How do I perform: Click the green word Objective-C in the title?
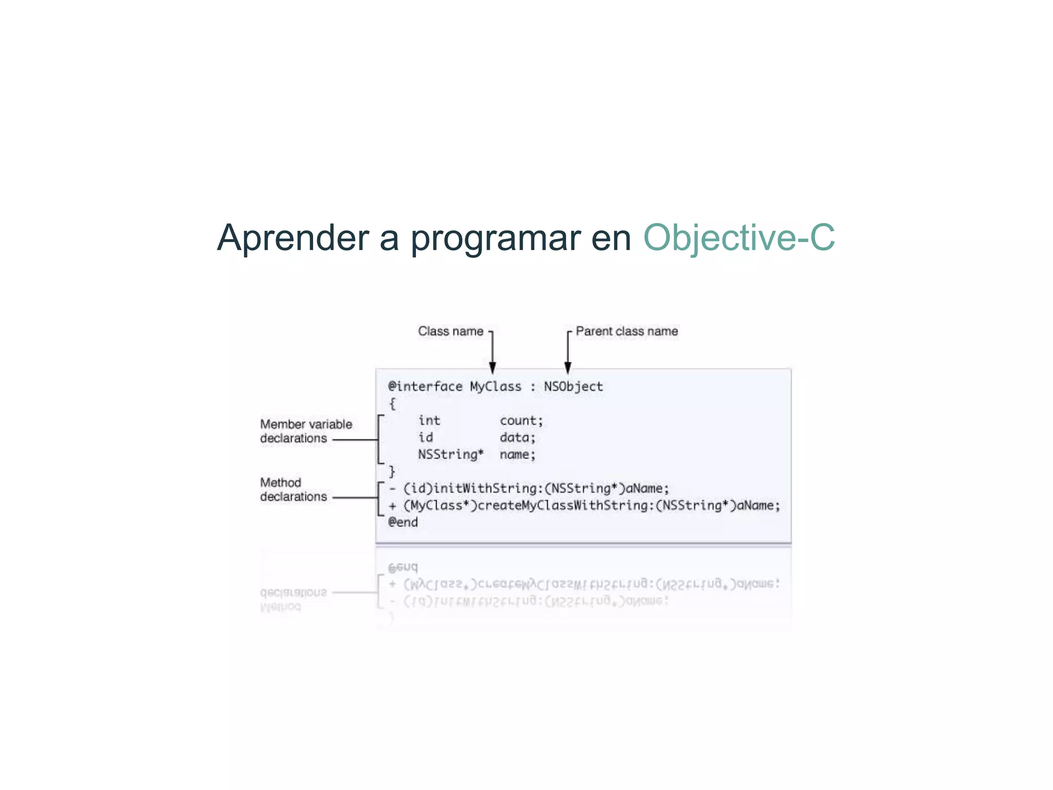click(739, 238)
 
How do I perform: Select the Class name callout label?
click(450, 331)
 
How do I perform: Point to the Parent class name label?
click(626, 331)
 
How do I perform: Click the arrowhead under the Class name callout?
click(493, 367)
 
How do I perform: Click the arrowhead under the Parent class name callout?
click(568, 367)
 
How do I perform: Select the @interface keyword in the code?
click(425, 387)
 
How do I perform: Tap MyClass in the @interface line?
click(495, 387)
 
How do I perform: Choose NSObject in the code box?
click(573, 387)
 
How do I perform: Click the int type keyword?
click(429, 421)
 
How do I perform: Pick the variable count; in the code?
click(521, 421)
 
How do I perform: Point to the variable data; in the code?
click(517, 438)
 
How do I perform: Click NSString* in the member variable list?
click(450, 455)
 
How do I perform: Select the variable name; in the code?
click(517, 455)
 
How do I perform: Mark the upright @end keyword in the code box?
click(403, 523)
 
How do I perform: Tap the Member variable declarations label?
click(305, 431)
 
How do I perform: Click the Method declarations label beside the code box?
click(293, 490)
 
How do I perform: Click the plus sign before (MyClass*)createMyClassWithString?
click(393, 506)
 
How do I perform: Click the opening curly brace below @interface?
click(392, 404)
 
